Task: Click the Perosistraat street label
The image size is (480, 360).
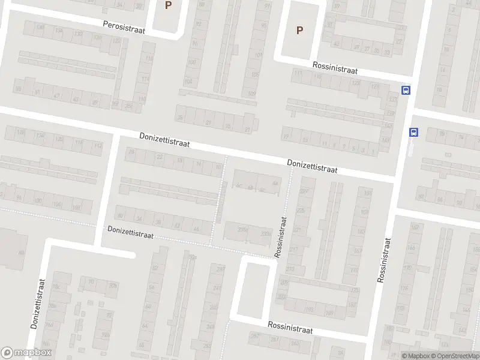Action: click(124, 25)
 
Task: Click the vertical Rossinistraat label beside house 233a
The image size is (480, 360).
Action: click(280, 238)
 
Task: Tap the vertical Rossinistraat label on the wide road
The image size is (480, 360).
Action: click(383, 259)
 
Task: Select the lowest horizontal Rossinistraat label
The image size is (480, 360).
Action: click(290, 330)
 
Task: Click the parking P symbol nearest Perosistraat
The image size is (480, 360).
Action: click(168, 5)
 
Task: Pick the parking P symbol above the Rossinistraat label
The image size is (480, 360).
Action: click(299, 30)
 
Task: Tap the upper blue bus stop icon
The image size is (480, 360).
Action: click(406, 90)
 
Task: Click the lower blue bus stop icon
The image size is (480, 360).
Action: click(413, 132)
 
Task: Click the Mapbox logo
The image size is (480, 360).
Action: click(26, 353)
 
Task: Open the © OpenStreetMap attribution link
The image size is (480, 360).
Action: click(455, 356)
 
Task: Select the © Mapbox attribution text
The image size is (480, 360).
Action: click(416, 356)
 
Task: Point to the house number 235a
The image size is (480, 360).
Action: click(243, 229)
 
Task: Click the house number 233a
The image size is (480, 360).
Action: click(265, 233)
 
